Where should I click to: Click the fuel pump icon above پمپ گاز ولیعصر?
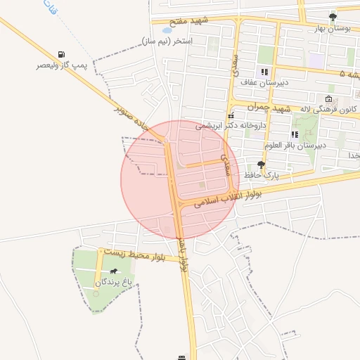63,55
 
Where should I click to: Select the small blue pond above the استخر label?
167,31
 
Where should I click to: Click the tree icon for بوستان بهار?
333,17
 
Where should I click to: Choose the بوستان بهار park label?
330,28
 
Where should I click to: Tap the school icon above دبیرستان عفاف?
264,72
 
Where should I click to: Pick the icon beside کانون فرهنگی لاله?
328,98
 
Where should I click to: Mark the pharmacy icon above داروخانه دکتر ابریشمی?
230,116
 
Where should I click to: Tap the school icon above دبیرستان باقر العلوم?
294,134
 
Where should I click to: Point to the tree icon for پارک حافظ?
262,164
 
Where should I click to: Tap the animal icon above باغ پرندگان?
112,271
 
